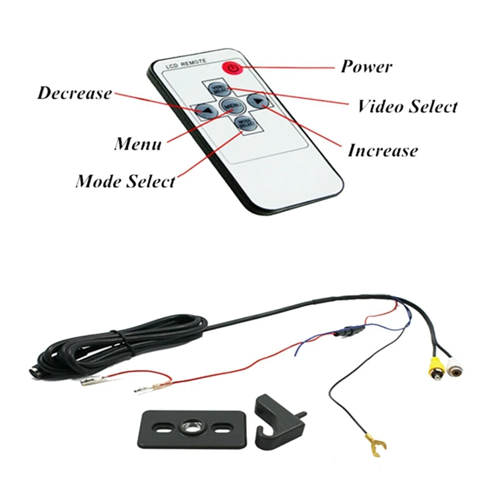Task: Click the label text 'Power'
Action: (x=366, y=66)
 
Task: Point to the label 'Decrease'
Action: (x=75, y=94)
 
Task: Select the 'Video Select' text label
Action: (x=407, y=107)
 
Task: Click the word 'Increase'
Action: (x=383, y=151)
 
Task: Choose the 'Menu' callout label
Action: (x=138, y=145)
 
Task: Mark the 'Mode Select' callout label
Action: (x=125, y=182)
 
